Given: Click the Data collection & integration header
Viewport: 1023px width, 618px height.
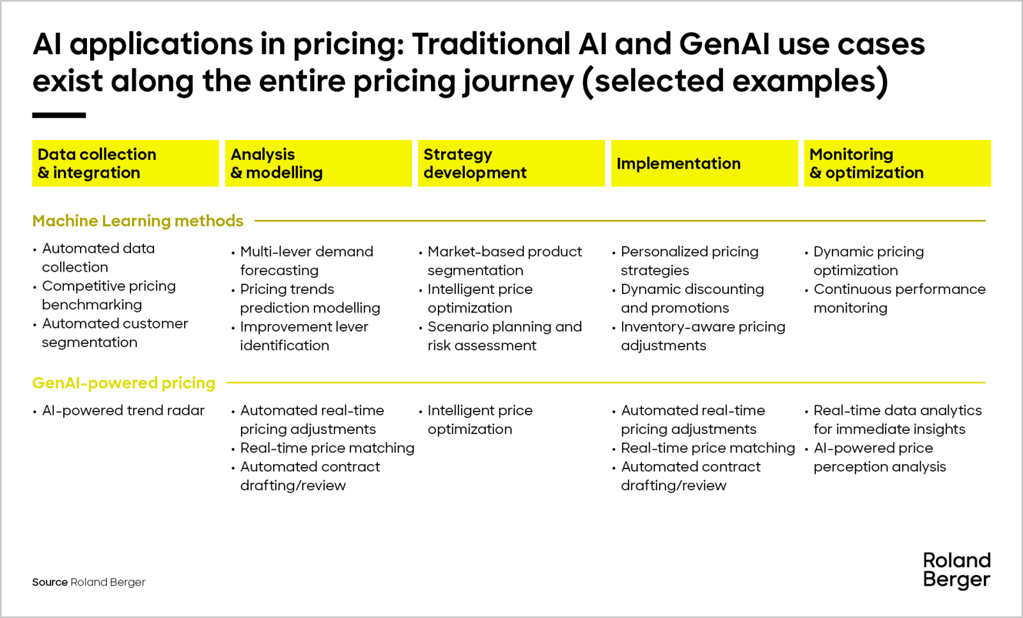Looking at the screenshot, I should click(125, 164).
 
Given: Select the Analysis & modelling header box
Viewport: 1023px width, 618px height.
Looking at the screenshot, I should click(318, 164).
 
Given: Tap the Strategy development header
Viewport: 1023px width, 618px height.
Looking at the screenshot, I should click(511, 164).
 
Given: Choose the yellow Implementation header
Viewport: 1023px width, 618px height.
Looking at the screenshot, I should click(704, 164).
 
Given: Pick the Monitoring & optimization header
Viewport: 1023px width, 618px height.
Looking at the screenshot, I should click(897, 164).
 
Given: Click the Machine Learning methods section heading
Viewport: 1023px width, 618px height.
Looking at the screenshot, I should click(137, 221).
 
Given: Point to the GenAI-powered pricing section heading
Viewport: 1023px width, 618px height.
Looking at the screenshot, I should click(123, 383).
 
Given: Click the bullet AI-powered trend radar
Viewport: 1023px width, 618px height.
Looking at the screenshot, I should click(123, 410).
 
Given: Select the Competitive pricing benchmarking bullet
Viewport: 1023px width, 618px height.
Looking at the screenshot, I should click(108, 295).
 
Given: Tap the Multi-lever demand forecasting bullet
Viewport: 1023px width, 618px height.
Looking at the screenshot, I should click(306, 261).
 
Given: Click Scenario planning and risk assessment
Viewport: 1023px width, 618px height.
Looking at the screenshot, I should click(504, 336).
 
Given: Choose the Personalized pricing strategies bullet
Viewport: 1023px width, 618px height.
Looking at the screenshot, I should click(689, 261).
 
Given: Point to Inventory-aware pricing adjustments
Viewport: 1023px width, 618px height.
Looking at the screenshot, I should click(703, 336).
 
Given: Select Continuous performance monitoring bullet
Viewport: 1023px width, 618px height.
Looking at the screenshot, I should click(899, 298).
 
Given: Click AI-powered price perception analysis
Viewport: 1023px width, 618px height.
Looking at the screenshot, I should click(879, 458).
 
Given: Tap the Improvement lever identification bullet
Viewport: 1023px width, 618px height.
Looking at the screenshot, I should click(304, 336).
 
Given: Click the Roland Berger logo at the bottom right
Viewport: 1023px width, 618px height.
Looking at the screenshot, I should click(957, 570).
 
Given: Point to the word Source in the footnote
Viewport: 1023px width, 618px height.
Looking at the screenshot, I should click(50, 582).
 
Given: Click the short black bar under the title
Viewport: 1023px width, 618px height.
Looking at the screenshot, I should click(59, 116).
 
